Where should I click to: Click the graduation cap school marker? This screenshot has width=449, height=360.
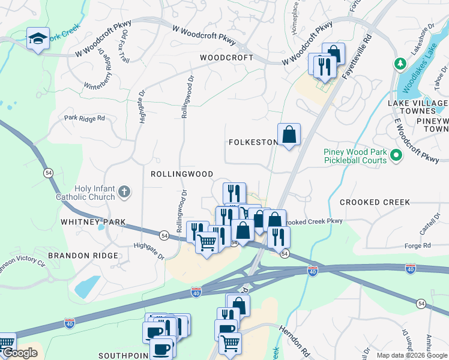tap(38, 39)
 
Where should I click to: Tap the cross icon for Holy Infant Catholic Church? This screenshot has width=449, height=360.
tap(124, 192)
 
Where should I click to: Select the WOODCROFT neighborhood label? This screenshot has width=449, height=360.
tap(226, 58)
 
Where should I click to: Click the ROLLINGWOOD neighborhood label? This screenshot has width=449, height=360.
tap(182, 174)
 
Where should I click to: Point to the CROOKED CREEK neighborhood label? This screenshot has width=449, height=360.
tap(375, 202)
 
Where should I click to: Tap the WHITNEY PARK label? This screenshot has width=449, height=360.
tap(93, 222)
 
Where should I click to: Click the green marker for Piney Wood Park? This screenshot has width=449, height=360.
tap(396, 156)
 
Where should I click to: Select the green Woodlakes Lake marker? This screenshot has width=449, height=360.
tap(399, 63)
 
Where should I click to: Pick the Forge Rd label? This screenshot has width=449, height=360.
tap(418, 245)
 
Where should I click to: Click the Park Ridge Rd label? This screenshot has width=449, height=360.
tap(85, 118)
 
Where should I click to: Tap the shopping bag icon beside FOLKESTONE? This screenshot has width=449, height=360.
tap(289, 134)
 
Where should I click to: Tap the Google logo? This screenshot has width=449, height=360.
tap(20, 353)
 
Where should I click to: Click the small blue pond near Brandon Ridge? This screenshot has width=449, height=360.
tap(88, 287)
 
